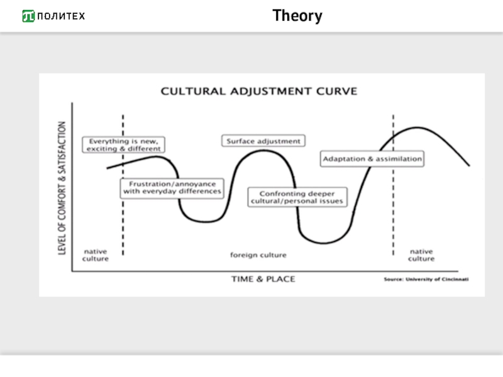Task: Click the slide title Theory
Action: [x=297, y=16]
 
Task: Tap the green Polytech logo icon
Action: [x=28, y=16]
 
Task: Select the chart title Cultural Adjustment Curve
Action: [x=259, y=91]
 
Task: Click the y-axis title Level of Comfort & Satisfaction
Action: [x=62, y=188]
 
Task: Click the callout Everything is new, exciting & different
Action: [x=124, y=145]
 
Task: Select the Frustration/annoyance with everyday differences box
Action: [x=172, y=187]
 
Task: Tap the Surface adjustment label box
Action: [x=263, y=141]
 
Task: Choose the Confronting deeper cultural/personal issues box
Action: [x=297, y=197]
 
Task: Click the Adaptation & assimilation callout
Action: [x=372, y=159]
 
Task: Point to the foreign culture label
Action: [x=258, y=255]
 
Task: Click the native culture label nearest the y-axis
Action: [x=96, y=255]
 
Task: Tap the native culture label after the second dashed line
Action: [x=421, y=255]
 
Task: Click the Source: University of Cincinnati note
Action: [x=426, y=279]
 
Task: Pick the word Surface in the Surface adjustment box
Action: [x=240, y=141]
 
